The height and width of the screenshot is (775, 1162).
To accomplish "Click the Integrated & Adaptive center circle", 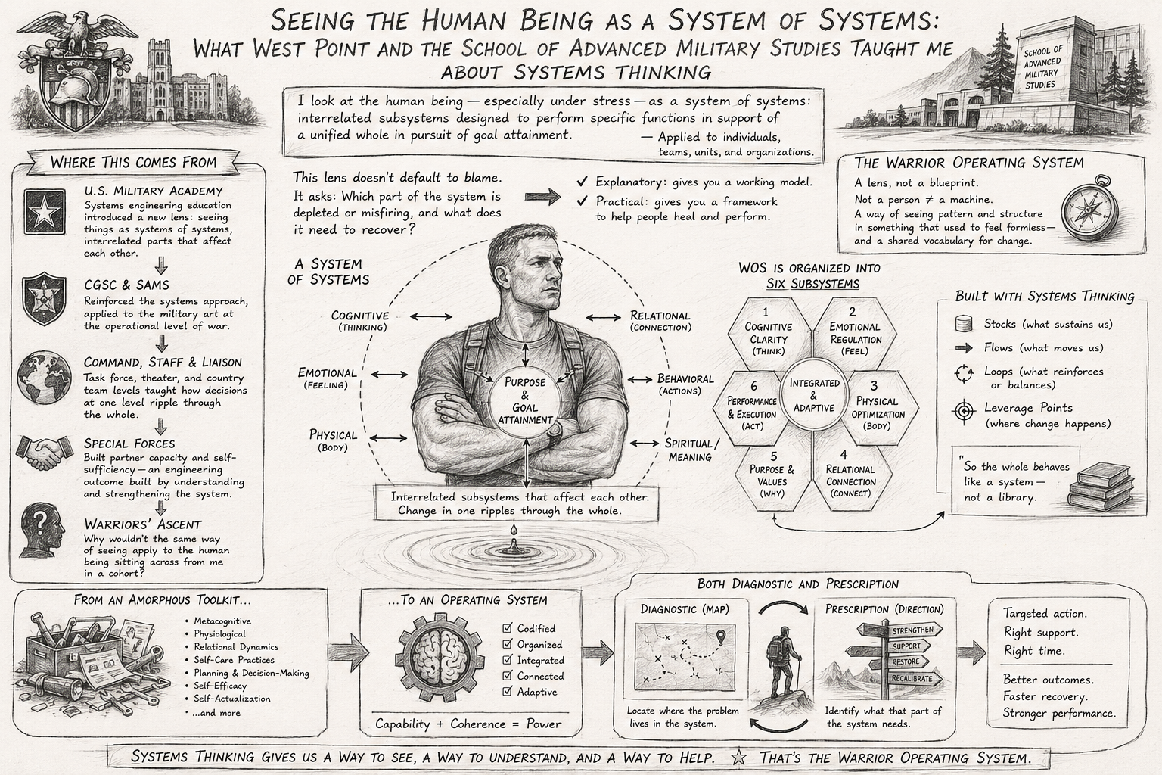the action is pos(814,396).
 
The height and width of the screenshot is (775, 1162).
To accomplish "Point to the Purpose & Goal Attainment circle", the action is pos(525,400).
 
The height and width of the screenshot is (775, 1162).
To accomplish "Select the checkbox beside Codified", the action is pos(508,629).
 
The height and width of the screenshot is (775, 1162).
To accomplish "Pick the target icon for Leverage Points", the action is pos(965,412).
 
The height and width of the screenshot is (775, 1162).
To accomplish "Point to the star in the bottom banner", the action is pos(739,758).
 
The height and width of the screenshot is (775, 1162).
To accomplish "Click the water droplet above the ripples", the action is pos(514,530).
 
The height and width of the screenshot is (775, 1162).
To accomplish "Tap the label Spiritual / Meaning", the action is pos(691,450).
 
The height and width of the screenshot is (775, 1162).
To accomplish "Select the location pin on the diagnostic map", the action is pos(720,636).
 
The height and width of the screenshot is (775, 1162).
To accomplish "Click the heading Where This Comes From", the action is pos(133,163).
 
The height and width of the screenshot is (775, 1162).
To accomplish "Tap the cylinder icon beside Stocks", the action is pos(963,324).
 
